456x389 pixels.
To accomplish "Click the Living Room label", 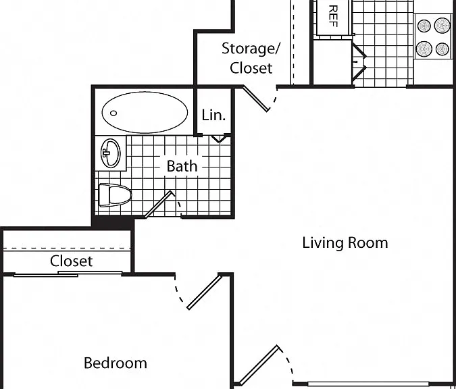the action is pyautogui.click(x=345, y=242).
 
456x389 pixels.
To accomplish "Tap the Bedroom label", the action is pyautogui.click(x=116, y=363).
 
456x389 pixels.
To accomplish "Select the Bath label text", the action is pyautogui.click(x=182, y=166).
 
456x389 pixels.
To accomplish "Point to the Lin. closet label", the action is pyautogui.click(x=213, y=115).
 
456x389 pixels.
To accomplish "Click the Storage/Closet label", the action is pyautogui.click(x=251, y=58).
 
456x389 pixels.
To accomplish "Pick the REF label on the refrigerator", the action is pyautogui.click(x=333, y=16).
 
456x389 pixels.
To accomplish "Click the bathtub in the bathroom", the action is pyautogui.click(x=145, y=112).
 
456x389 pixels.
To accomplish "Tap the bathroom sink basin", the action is pyautogui.click(x=111, y=153).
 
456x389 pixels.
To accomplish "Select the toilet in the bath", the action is pyautogui.click(x=115, y=194).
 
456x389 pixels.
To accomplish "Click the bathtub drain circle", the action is pyautogui.click(x=113, y=113).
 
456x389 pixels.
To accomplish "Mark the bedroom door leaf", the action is pyautogui.click(x=205, y=292).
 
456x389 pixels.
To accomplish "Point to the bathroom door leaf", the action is pyautogui.click(x=159, y=203).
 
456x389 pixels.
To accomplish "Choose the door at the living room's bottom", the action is pyautogui.click(x=259, y=366).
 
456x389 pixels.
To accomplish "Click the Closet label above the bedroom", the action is pyautogui.click(x=71, y=261).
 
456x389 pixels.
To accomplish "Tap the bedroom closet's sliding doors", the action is pyautogui.click(x=68, y=274).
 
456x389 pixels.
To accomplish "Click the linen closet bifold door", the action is pyautogui.click(x=220, y=138).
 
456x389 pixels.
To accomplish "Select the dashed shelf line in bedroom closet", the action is pyautogui.click(x=66, y=249).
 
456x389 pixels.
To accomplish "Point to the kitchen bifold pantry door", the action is pyautogui.click(x=359, y=62).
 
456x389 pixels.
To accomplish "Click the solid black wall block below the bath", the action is pyautogui.click(x=113, y=222).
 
